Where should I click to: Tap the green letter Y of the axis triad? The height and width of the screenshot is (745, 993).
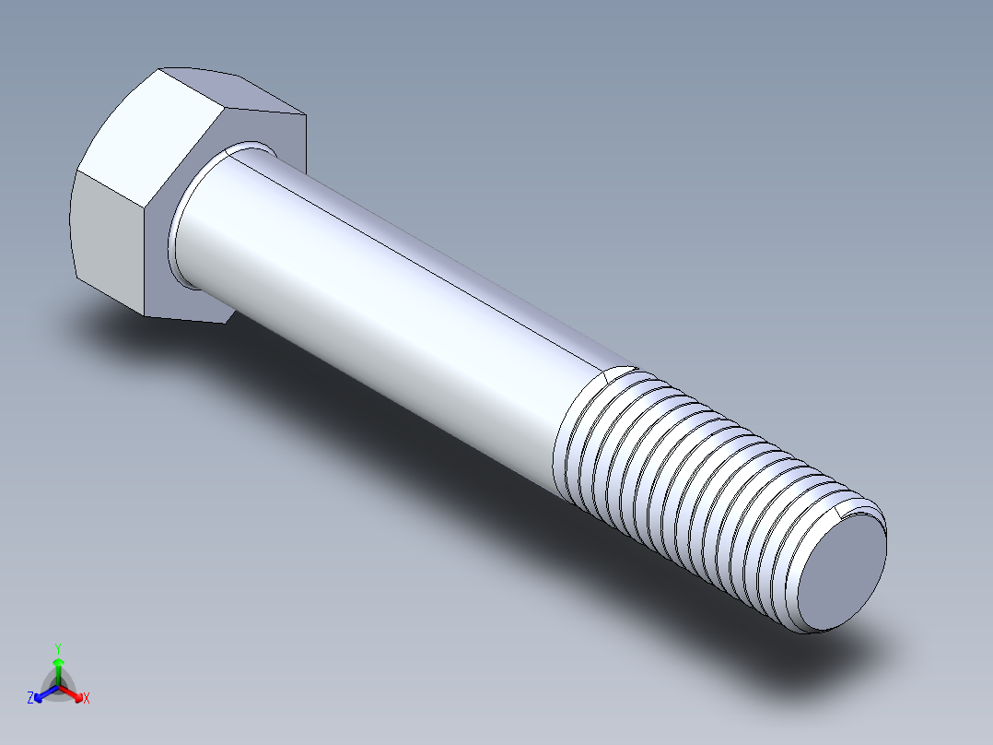pos(57,648)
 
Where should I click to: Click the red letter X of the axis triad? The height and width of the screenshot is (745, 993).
pos(87,699)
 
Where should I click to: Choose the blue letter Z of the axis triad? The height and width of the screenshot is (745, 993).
pos(30,699)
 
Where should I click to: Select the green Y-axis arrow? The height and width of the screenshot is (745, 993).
pos(57,668)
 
